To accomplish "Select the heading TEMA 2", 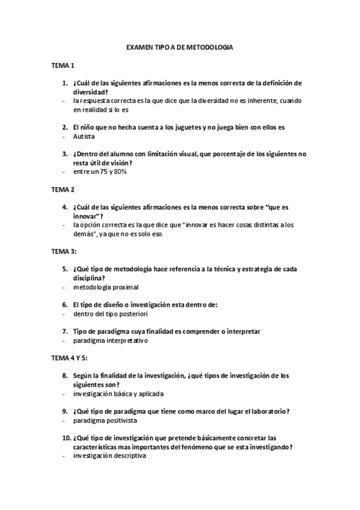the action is [63, 189].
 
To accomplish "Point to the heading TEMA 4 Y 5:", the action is [70, 358].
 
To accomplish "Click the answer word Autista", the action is [84, 137].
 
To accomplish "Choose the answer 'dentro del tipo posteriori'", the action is [111, 313].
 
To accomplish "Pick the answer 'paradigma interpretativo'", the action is [111, 340].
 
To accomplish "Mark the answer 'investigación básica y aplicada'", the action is [118, 394].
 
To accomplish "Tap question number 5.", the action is [65, 268].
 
